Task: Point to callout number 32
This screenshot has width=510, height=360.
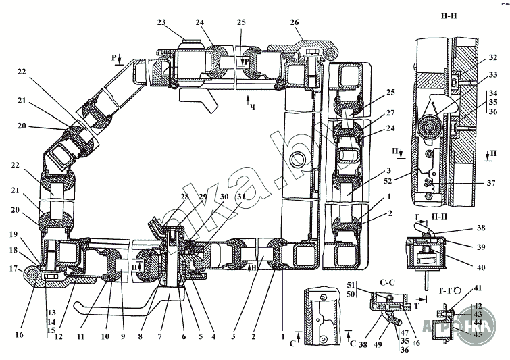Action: click(x=493, y=57)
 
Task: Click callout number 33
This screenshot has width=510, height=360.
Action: click(x=493, y=75)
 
